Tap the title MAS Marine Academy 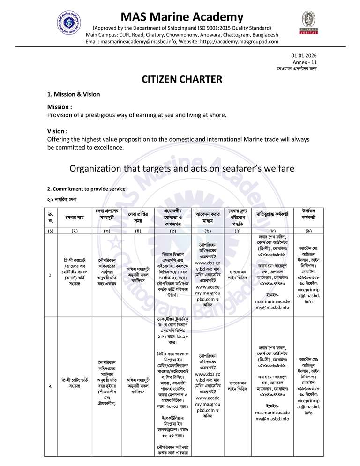coord(182,17)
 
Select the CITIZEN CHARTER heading coord(182,79)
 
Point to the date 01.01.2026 coord(305,56)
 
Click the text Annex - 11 coord(307,62)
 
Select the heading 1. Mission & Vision coord(74,94)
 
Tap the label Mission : coord(60,107)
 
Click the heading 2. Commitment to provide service coord(86,189)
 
